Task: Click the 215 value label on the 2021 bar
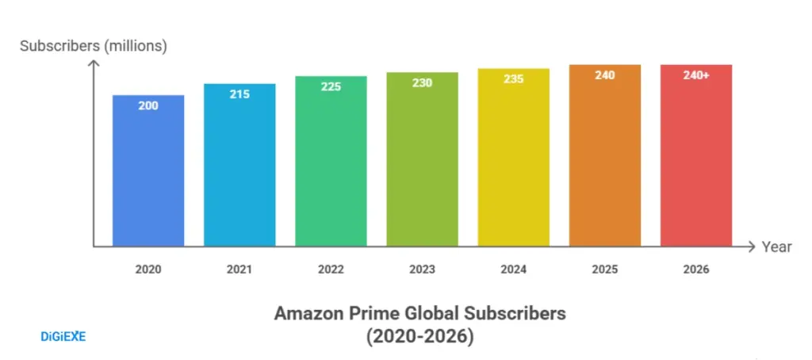click(239, 94)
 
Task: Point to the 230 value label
click(422, 82)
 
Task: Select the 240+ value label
click(696, 75)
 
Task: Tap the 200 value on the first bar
click(148, 105)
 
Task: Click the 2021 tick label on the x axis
click(239, 270)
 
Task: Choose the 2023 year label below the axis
click(422, 270)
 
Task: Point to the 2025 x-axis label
click(605, 270)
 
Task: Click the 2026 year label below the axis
click(696, 270)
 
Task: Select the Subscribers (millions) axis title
click(94, 46)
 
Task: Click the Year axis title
click(776, 247)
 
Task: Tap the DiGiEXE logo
click(63, 337)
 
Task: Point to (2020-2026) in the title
click(419, 337)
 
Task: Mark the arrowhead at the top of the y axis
click(94, 64)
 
